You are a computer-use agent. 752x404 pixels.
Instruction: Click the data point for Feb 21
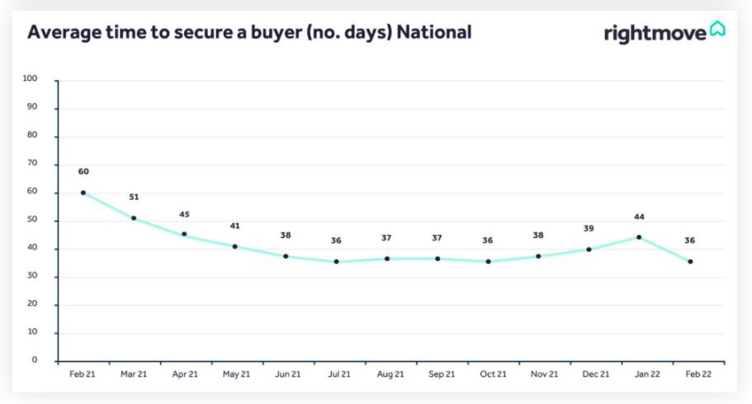click(83, 192)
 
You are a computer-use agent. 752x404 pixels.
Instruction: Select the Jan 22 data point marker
click(639, 237)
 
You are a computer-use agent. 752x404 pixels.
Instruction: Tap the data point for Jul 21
click(336, 262)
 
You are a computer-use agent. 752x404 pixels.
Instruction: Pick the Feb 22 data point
click(690, 262)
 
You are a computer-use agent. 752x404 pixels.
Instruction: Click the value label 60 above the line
click(83, 172)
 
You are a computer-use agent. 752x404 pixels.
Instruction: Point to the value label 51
click(134, 197)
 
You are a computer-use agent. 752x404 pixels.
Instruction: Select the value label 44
click(639, 217)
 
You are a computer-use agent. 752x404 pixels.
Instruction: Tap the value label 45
click(184, 215)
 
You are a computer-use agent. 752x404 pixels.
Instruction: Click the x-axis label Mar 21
click(134, 374)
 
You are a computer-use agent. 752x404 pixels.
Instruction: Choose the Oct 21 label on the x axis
click(492, 374)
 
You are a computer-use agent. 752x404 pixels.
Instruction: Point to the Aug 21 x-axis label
click(390, 374)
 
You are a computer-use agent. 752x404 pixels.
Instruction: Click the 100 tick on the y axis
click(31, 79)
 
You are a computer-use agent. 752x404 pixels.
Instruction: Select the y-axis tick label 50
click(33, 221)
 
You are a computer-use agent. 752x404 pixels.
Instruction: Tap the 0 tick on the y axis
click(35, 360)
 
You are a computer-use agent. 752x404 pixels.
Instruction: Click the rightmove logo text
click(655, 33)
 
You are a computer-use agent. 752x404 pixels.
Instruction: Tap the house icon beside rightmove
click(717, 31)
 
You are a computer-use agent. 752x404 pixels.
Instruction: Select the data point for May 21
click(235, 246)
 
